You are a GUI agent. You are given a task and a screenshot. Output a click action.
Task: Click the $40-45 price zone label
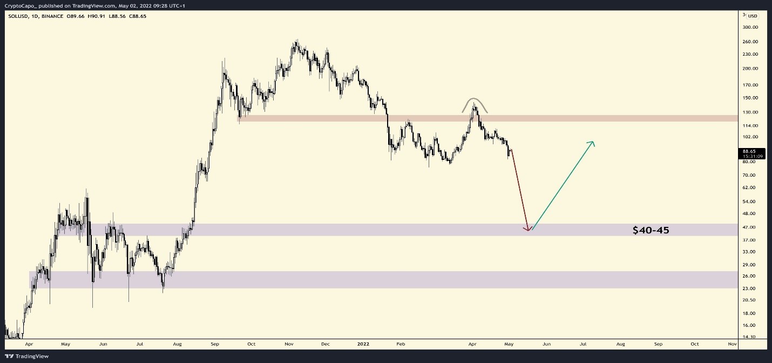pyautogui.click(x=651, y=230)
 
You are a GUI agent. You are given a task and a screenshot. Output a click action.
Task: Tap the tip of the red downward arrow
pyautogui.click(x=527, y=231)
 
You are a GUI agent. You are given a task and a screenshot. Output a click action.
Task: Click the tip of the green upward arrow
pyautogui.click(x=593, y=142)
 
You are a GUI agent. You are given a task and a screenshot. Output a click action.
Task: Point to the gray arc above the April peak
pyautogui.click(x=474, y=100)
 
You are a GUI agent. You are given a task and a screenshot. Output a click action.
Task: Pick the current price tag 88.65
pyautogui.click(x=753, y=151)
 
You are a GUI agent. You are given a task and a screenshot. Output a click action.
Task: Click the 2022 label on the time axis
pyautogui.click(x=362, y=343)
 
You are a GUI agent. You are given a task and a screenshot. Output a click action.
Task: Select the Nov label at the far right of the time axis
pyautogui.click(x=732, y=343)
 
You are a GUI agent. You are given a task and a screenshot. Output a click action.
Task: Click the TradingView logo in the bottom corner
pyautogui.click(x=27, y=356)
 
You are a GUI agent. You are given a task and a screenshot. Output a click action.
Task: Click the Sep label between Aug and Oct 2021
pyautogui.click(x=215, y=343)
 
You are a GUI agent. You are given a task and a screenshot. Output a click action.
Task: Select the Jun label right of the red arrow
pyautogui.click(x=546, y=343)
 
